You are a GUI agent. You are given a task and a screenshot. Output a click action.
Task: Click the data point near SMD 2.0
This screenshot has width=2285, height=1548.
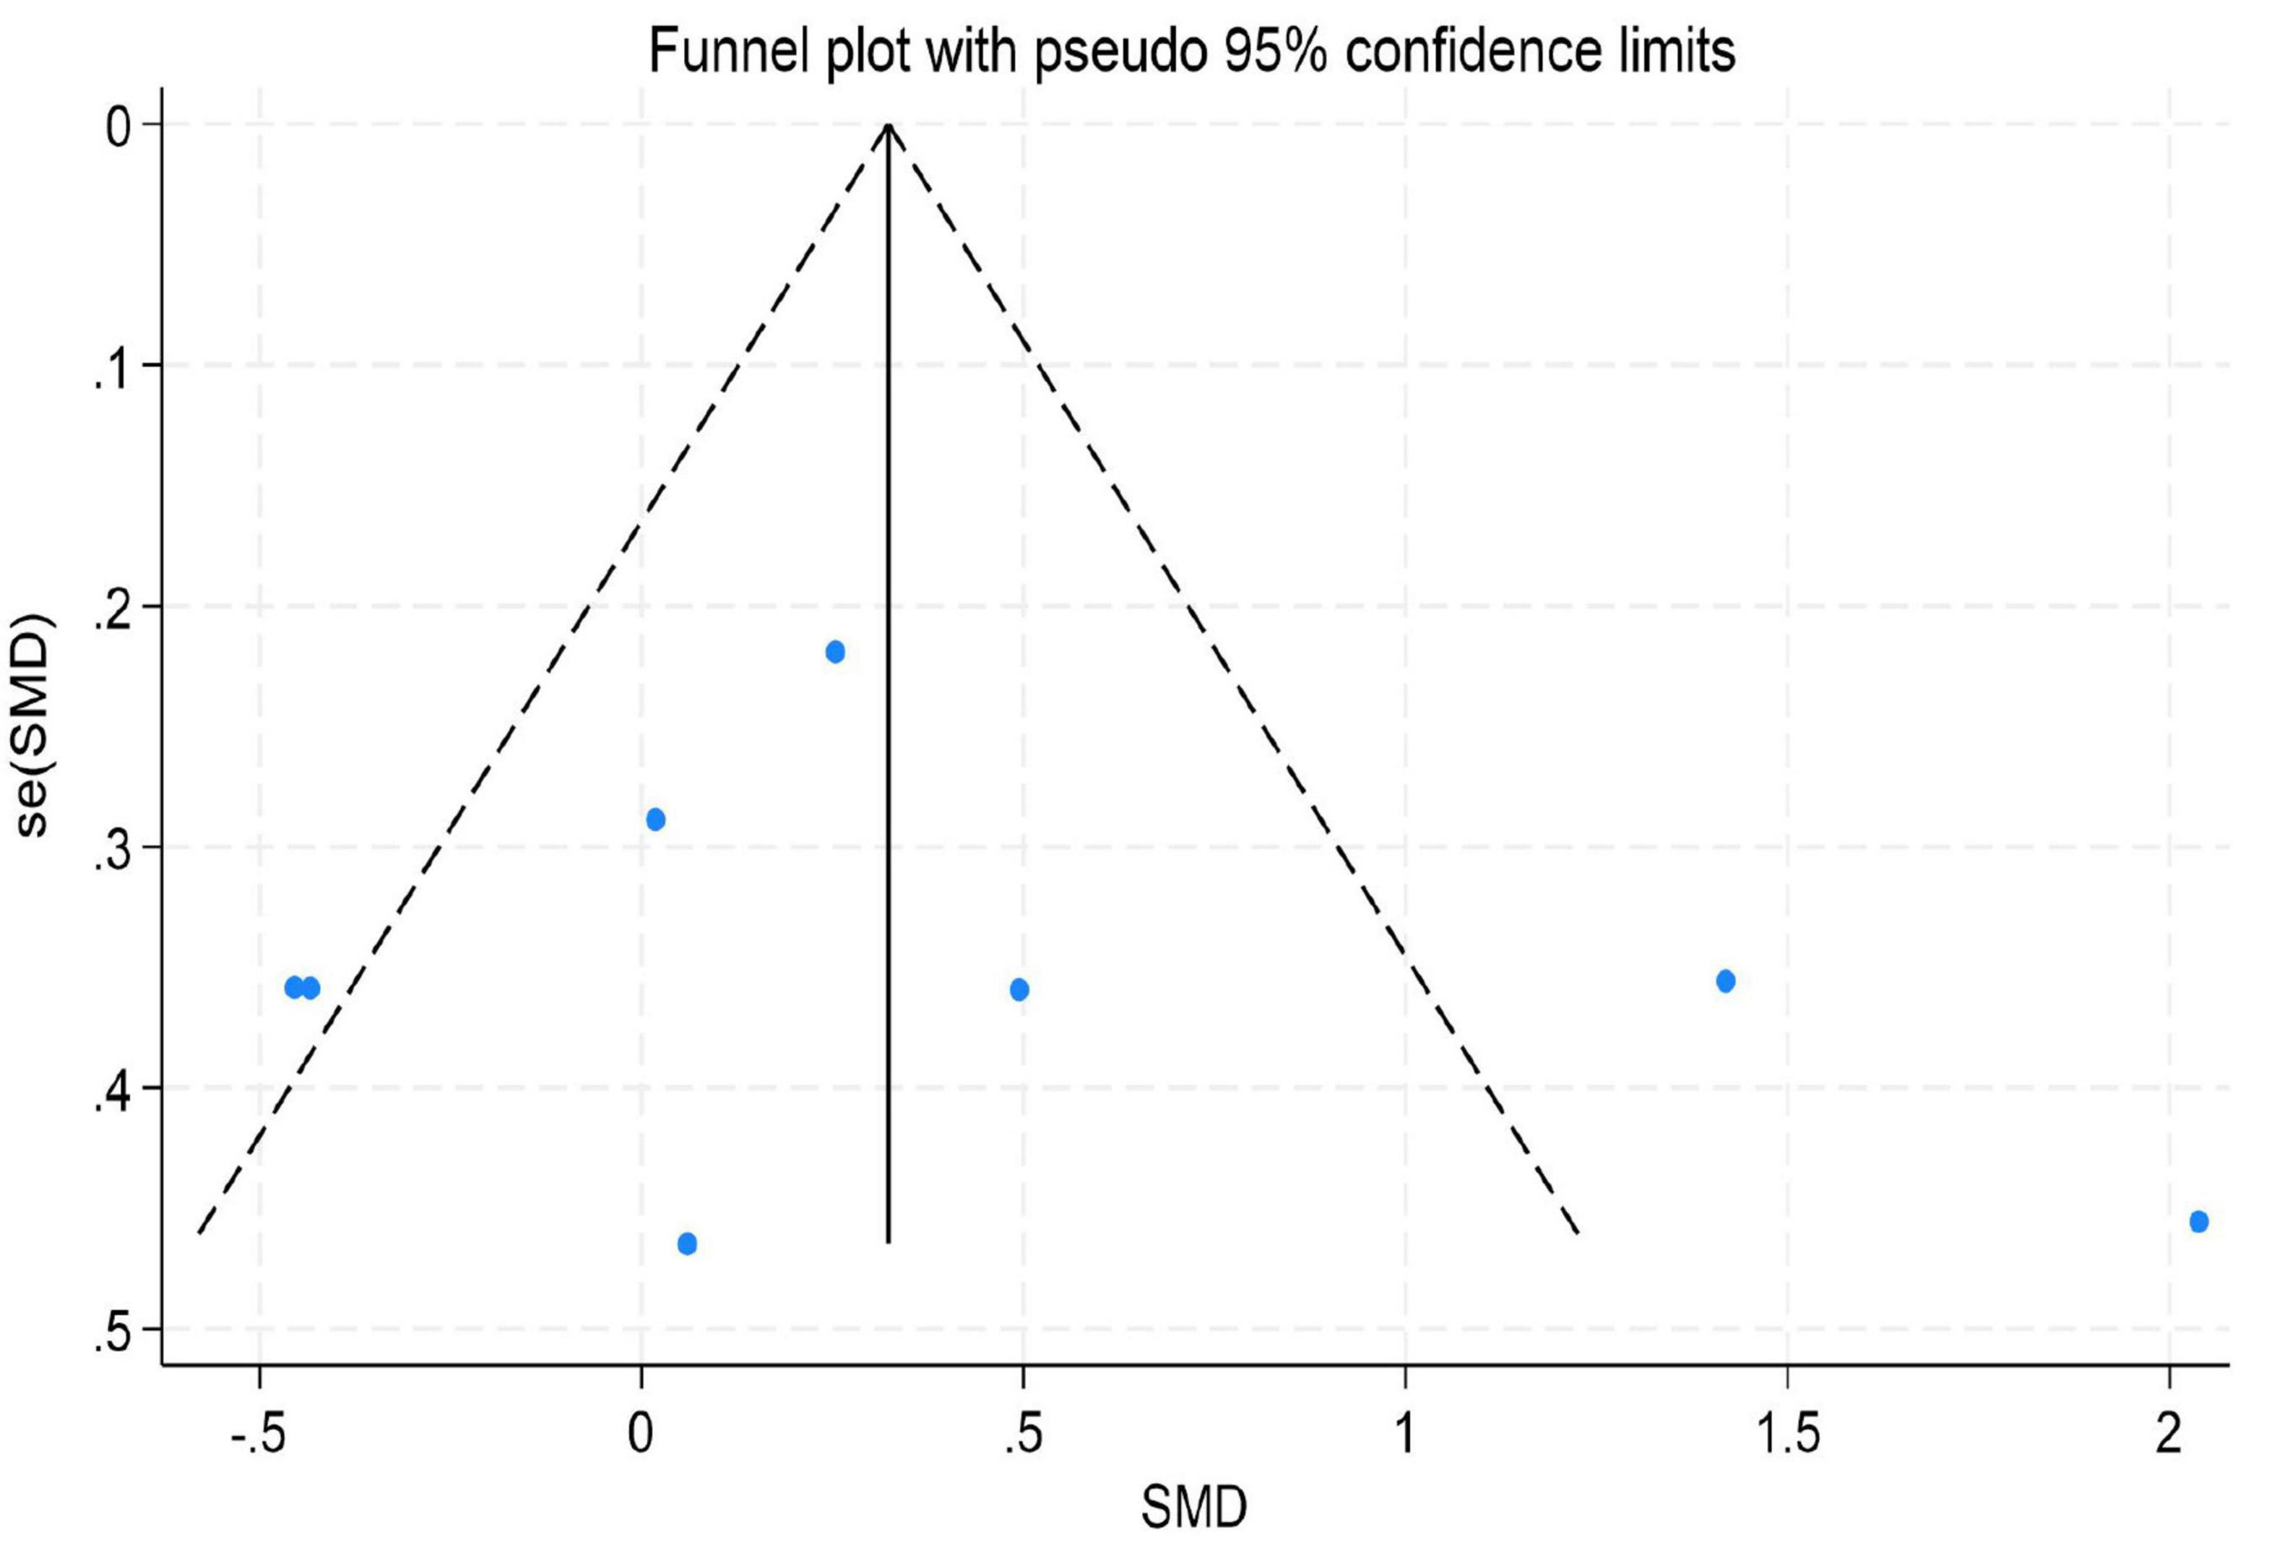coord(2198,1221)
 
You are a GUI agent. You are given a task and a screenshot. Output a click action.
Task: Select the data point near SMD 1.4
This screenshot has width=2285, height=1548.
coord(1724,981)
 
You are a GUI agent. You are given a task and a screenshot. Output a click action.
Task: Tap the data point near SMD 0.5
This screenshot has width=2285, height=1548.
coord(1019,989)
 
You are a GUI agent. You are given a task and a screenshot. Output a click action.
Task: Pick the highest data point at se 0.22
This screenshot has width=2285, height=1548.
coord(835,652)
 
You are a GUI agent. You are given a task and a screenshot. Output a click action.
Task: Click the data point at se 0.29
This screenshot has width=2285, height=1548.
coord(656,820)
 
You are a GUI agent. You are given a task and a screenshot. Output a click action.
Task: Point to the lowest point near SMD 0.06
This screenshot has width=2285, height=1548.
coord(687,1244)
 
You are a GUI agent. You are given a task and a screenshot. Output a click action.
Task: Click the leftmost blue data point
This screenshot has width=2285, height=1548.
coord(293,987)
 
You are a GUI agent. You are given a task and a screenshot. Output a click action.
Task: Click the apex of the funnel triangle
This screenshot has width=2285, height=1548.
coord(889,125)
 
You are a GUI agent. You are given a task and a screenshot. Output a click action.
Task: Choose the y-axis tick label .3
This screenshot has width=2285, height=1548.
coord(111,853)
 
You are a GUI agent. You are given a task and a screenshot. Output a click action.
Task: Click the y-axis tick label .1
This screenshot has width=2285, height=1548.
coord(111,374)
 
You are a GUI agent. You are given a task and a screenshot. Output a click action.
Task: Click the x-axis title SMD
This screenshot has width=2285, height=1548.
coord(1193,1507)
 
